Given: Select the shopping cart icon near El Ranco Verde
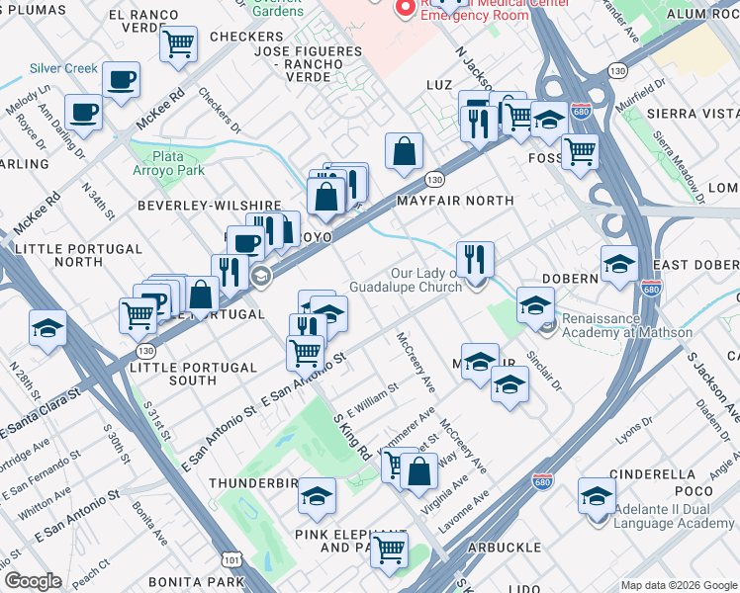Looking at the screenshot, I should tap(178, 43).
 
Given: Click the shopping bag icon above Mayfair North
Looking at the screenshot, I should tap(404, 152).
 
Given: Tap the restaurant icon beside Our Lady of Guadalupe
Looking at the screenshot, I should tap(475, 260).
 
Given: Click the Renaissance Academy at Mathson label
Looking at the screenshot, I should tap(626, 325).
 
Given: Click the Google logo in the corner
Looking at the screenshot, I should tap(33, 581).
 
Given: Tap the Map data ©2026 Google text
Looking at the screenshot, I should tap(679, 585).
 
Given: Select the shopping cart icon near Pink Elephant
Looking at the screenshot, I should tap(390, 550).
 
